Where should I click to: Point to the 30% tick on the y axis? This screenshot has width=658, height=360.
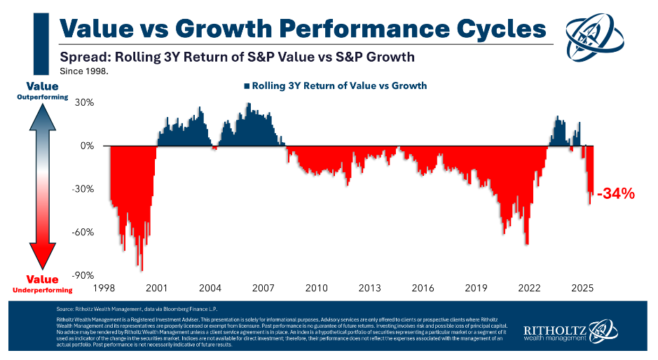(84, 102)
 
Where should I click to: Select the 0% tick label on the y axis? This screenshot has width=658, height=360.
(87, 146)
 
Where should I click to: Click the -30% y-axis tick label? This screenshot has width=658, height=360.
(83, 189)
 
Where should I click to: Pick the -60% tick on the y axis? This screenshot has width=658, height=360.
(83, 233)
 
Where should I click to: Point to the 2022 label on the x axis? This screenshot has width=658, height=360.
(529, 288)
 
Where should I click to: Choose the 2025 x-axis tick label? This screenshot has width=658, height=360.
(582, 288)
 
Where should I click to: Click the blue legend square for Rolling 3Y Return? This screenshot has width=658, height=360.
(247, 85)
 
